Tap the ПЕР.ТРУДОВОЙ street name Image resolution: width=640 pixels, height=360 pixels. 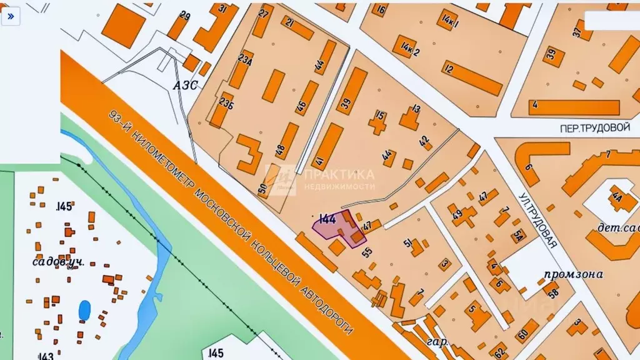594,127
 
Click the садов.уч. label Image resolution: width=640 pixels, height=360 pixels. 58,261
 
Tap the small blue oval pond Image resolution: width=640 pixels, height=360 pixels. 84,309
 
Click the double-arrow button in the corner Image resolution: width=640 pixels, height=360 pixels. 11,17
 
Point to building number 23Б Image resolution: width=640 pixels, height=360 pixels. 226,102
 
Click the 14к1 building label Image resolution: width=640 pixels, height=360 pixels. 449,22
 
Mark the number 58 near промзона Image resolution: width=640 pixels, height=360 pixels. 553,290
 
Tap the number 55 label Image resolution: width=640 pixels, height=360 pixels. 367,252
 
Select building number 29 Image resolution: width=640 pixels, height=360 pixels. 185,16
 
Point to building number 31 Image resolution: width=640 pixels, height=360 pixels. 223,9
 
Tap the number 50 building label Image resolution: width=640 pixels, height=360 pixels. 262,187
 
